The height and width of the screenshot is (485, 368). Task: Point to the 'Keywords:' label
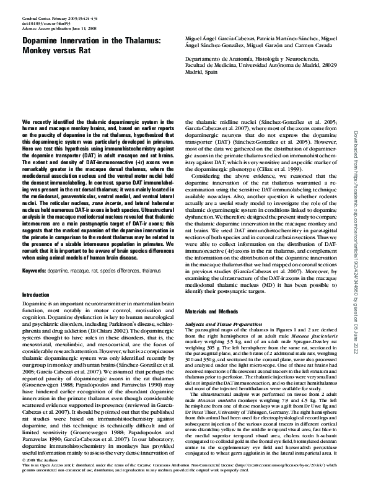coord(34,271)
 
